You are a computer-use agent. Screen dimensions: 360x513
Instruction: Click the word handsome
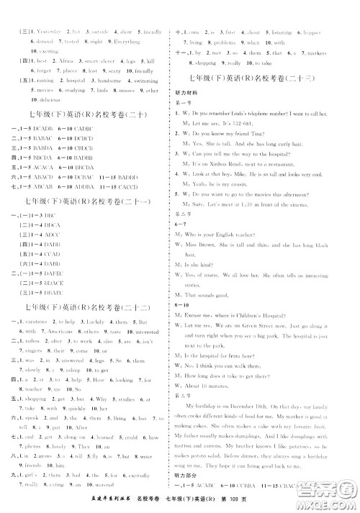pyautogui.click(x=111, y=82)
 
